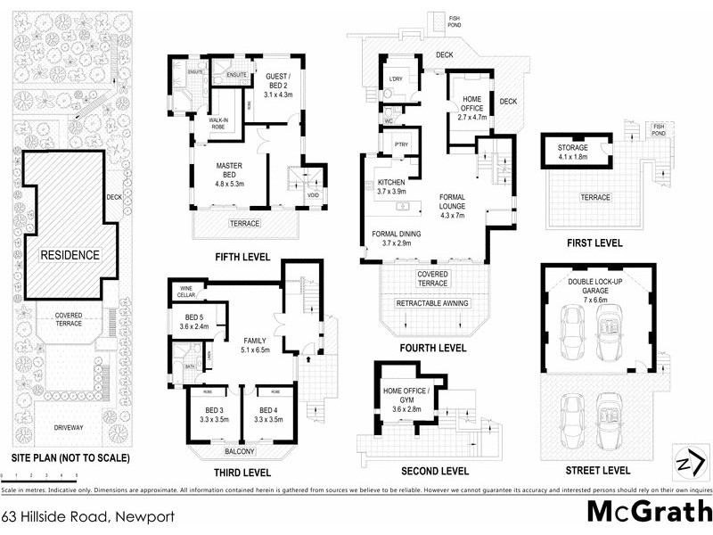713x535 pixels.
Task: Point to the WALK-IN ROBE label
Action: click(221, 123)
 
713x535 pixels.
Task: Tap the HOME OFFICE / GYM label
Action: click(406, 398)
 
